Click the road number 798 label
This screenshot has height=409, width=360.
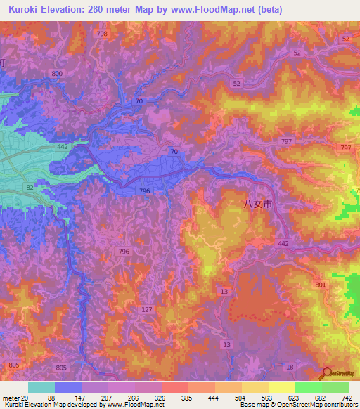[103, 34]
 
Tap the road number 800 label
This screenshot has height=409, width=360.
[56, 74]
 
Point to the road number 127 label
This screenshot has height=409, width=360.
[147, 310]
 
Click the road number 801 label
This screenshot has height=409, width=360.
[321, 285]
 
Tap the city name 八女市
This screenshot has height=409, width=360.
[256, 204]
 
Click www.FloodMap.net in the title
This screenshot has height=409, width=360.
[215, 8]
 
